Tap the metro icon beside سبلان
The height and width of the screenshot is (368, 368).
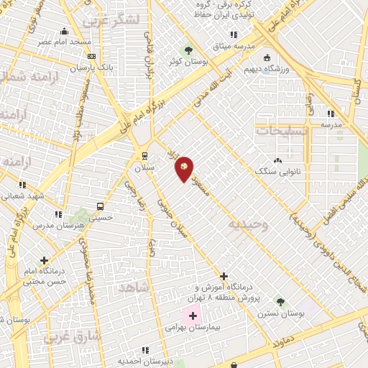144,155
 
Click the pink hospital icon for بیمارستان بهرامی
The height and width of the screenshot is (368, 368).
193,315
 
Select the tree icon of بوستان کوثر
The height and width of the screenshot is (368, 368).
188,50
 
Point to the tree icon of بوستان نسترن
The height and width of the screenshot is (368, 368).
280,302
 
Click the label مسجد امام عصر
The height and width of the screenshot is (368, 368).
65,42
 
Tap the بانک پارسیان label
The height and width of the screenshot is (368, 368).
91,68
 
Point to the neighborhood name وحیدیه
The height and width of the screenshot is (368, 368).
248,225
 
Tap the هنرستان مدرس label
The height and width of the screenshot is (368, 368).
54,225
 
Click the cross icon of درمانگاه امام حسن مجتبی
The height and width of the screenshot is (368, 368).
45,260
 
